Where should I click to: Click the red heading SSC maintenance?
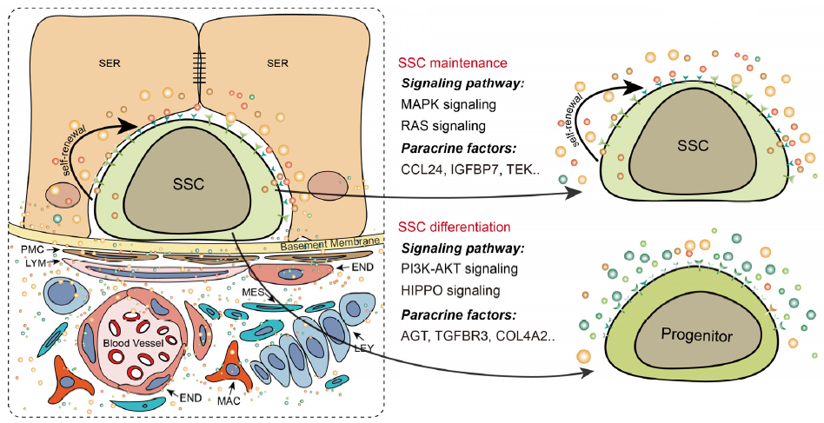tap(452, 63)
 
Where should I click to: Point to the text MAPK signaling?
tap(449, 104)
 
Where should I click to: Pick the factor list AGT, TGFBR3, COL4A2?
tap(478, 336)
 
